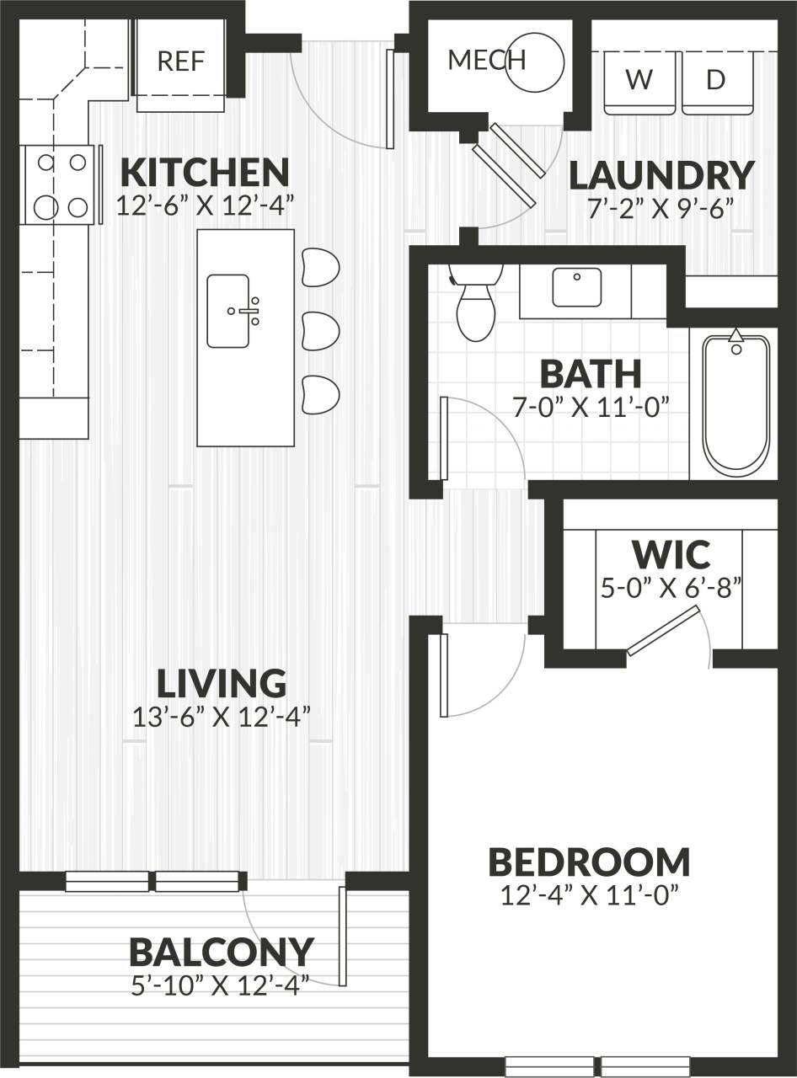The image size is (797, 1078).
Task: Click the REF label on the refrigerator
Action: click(x=181, y=61)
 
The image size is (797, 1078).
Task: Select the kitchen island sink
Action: click(x=228, y=310)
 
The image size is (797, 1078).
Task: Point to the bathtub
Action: click(x=736, y=404)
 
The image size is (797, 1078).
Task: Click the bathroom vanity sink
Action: click(x=577, y=287)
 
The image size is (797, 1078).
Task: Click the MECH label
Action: click(x=486, y=61)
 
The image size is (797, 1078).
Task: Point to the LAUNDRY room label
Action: click(x=661, y=175)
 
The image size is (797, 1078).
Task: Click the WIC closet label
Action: click(x=671, y=555)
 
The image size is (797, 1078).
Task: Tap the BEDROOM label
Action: click(x=589, y=862)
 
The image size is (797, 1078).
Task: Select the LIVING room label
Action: click(x=222, y=683)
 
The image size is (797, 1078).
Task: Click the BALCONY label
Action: click(x=222, y=952)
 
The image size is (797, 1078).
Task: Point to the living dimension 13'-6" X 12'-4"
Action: click(x=222, y=718)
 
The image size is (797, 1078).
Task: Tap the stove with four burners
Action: click(x=59, y=185)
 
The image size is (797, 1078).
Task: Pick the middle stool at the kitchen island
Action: click(x=320, y=330)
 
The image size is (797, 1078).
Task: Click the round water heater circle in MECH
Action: click(x=534, y=61)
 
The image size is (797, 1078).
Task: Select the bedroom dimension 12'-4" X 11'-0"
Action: click(x=590, y=894)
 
